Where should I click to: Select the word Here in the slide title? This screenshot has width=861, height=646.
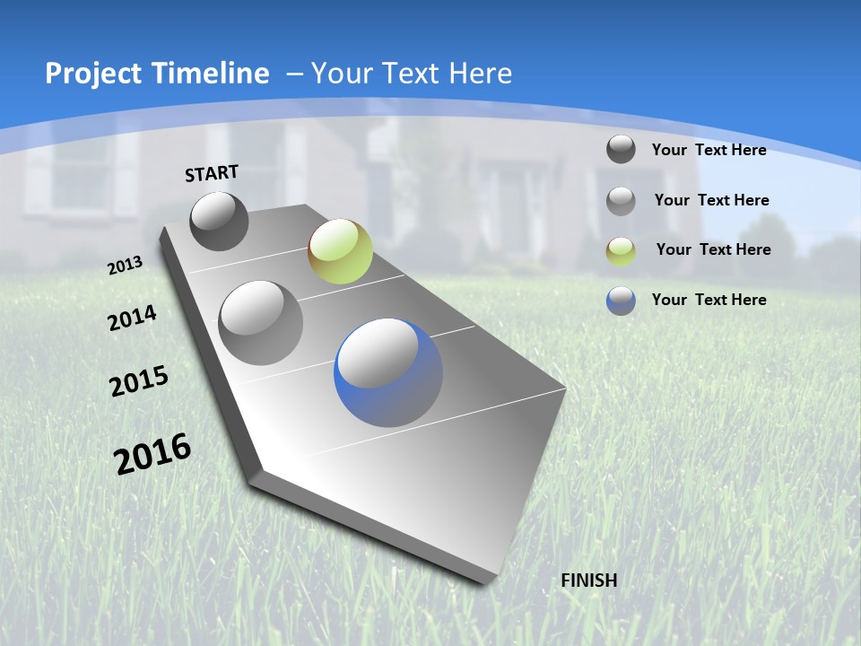tap(480, 74)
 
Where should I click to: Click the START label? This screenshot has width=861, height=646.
tap(212, 173)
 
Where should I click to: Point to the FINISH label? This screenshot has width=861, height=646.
tap(589, 581)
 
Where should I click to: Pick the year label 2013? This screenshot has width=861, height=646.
tap(125, 266)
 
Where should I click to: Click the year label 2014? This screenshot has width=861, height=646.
tap(132, 319)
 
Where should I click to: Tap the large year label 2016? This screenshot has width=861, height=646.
tap(152, 453)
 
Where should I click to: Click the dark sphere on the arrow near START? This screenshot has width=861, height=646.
tap(219, 222)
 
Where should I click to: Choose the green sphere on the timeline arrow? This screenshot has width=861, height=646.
tap(340, 251)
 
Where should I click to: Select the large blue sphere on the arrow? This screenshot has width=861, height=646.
tap(388, 372)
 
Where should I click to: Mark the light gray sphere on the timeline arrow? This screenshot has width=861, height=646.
tap(261, 323)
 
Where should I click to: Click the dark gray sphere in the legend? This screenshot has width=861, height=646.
tap(621, 149)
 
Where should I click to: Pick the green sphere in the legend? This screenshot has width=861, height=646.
tap(621, 250)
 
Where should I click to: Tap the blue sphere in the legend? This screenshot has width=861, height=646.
tap(621, 301)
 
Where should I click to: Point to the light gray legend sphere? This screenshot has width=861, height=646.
tap(621, 200)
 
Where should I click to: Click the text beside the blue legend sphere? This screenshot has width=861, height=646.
tap(709, 300)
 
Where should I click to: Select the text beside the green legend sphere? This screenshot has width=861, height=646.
tap(713, 249)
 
